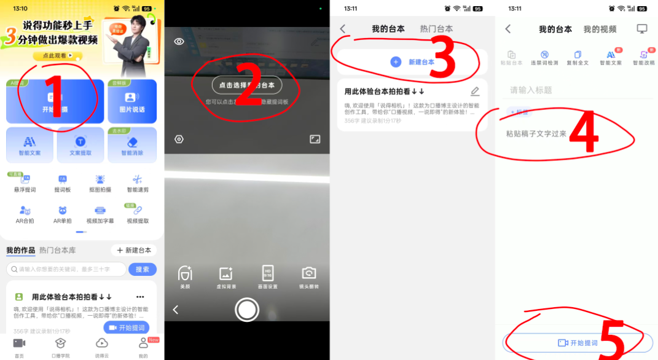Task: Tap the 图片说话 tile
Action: coord(132,101)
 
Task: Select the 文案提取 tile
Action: coord(80,145)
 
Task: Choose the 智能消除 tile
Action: coord(131,145)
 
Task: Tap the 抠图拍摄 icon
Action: coord(100,182)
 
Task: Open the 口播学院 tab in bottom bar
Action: coord(60,346)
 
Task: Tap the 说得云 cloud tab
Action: coord(101,346)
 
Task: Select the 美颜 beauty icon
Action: coord(185,276)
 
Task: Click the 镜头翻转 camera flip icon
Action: coord(308,276)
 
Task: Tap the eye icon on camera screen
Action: coord(179,42)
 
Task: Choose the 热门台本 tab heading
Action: coord(436,29)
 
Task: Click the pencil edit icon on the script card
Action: coord(475,92)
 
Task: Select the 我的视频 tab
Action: coord(600,29)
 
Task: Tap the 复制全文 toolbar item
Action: coord(577,58)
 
